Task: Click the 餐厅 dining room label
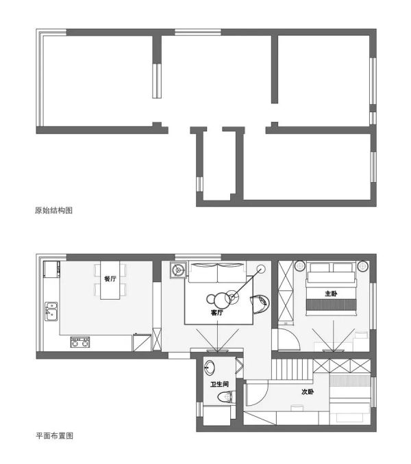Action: tap(110, 279)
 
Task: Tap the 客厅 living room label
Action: tap(217, 312)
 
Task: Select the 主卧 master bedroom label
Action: tap(331, 294)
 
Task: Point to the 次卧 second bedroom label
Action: tap(308, 391)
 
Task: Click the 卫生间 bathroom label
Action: tap(219, 384)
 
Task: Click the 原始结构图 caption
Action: tap(53, 210)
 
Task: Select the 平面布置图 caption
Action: tap(55, 435)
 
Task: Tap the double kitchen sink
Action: tap(51, 311)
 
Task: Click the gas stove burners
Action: tap(80, 341)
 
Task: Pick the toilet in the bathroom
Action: tap(227, 396)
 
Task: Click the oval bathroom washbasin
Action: tap(210, 368)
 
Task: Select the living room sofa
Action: tap(218, 272)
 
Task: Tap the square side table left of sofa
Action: tap(178, 270)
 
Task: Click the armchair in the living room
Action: tap(260, 304)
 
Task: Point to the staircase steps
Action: tap(292, 369)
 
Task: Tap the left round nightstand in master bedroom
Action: tap(299, 266)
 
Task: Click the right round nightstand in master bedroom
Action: tap(362, 266)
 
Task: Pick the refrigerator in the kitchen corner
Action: tap(51, 269)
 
